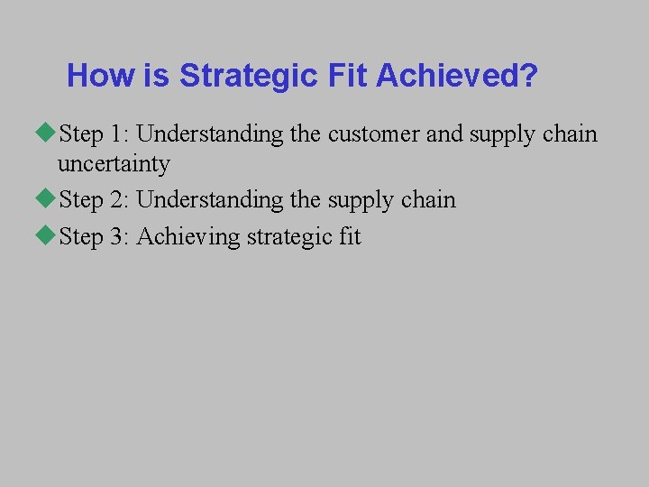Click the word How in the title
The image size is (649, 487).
pyautogui.click(x=101, y=76)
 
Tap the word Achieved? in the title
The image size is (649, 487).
pyautogui.click(x=457, y=76)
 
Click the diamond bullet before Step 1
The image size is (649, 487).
pyautogui.click(x=48, y=133)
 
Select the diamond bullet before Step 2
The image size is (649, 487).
pyautogui.click(x=48, y=199)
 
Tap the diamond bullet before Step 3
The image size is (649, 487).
pyautogui.click(x=48, y=236)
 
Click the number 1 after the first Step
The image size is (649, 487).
pyautogui.click(x=118, y=134)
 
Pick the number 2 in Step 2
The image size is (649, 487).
pyautogui.click(x=118, y=199)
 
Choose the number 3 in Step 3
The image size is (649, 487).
pyautogui.click(x=118, y=237)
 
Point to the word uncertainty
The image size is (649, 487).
pyautogui.click(x=114, y=164)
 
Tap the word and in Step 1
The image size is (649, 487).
pyautogui.click(x=443, y=134)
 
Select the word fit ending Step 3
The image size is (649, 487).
pyautogui.click(x=351, y=237)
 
